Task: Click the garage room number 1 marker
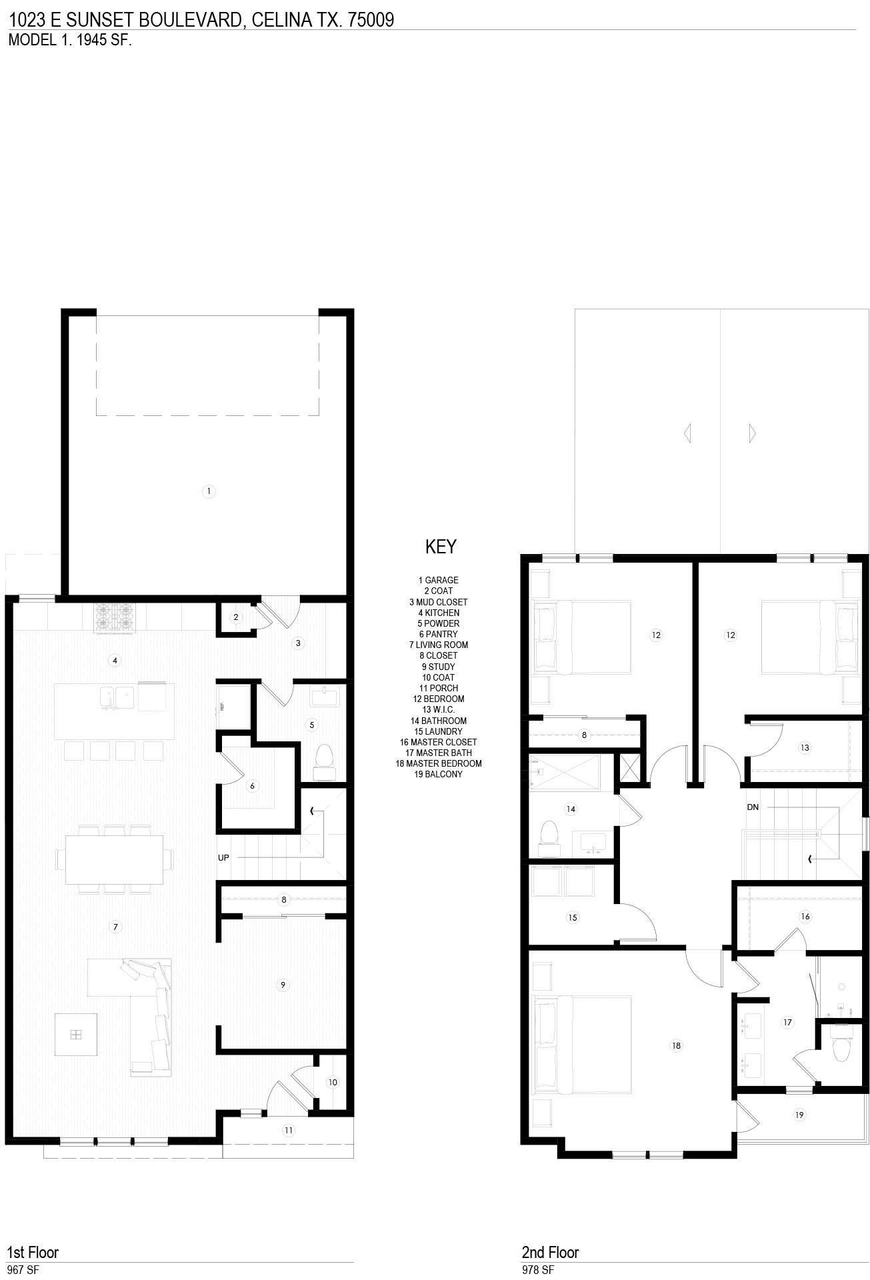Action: [x=209, y=491]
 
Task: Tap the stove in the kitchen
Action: [x=114, y=618]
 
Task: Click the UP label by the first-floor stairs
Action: [x=223, y=857]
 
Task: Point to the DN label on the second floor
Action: [x=753, y=807]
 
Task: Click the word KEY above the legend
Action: [x=441, y=547]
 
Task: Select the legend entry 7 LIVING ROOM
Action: [x=439, y=645]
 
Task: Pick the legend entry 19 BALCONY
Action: [x=438, y=774]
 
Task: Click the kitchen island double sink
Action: [x=117, y=697]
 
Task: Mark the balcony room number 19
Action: [x=799, y=1114]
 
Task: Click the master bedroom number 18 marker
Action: [x=676, y=1045]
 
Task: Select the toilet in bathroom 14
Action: [x=549, y=839]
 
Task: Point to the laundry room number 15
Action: [x=573, y=917]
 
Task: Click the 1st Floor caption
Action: [x=33, y=1252]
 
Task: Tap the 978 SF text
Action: [x=537, y=1270]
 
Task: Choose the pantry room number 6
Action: [x=252, y=786]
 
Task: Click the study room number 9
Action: [x=283, y=985]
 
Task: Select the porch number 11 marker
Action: [x=289, y=1130]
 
